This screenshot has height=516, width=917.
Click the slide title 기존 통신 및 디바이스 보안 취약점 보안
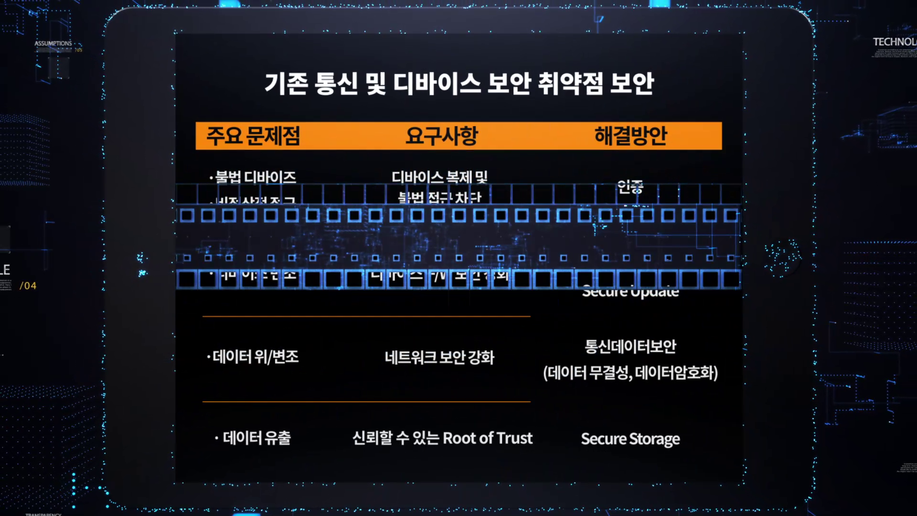pyautogui.click(x=459, y=83)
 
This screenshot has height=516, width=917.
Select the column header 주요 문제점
pyautogui.click(x=253, y=136)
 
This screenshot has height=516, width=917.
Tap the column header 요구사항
pyautogui.click(x=441, y=136)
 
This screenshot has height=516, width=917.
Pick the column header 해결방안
pyautogui.click(x=630, y=136)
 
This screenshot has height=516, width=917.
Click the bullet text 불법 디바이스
pyautogui.click(x=255, y=177)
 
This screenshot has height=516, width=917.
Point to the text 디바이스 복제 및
pyautogui.click(x=439, y=177)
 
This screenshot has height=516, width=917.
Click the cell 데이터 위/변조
pyautogui.click(x=253, y=357)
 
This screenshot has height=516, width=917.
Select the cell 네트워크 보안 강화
pyautogui.click(x=439, y=357)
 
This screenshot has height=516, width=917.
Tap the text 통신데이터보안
pyautogui.click(x=630, y=346)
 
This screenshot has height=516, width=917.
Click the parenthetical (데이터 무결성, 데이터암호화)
pyautogui.click(x=630, y=373)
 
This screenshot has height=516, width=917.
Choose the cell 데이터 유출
pyautogui.click(x=256, y=438)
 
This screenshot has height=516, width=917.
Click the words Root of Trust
pyautogui.click(x=488, y=438)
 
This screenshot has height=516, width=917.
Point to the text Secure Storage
pyautogui.click(x=630, y=439)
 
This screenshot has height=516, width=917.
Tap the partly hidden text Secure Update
pyautogui.click(x=630, y=292)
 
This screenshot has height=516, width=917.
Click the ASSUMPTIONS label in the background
pyautogui.click(x=53, y=43)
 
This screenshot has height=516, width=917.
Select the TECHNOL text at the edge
pyautogui.click(x=894, y=42)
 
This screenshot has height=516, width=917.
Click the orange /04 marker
pyautogui.click(x=28, y=286)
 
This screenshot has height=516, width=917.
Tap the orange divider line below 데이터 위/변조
pyautogui.click(x=366, y=402)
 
